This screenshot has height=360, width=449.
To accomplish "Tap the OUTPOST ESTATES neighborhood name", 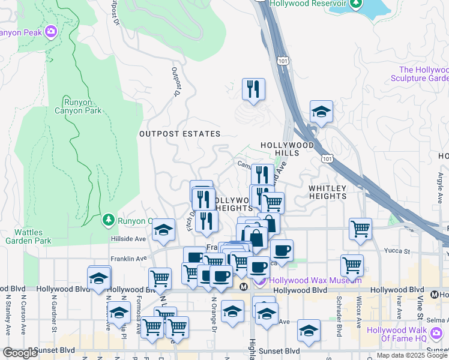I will click(x=180, y=134).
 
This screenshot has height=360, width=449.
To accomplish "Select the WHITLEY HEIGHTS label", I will click(x=328, y=192).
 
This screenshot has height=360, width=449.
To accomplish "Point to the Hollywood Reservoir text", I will click(x=309, y=4).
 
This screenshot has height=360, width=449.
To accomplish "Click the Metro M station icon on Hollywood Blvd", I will click(x=244, y=287).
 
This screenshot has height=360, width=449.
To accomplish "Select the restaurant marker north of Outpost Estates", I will click(x=253, y=90).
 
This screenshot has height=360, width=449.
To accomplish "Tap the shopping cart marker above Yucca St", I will click(x=360, y=229).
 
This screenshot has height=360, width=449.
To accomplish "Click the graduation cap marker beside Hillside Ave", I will click(x=163, y=232).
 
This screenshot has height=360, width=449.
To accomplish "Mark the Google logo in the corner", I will click(x=20, y=353).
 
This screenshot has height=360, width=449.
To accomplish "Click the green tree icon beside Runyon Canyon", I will click(x=109, y=220).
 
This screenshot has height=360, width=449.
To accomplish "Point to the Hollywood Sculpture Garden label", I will click(x=420, y=74).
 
